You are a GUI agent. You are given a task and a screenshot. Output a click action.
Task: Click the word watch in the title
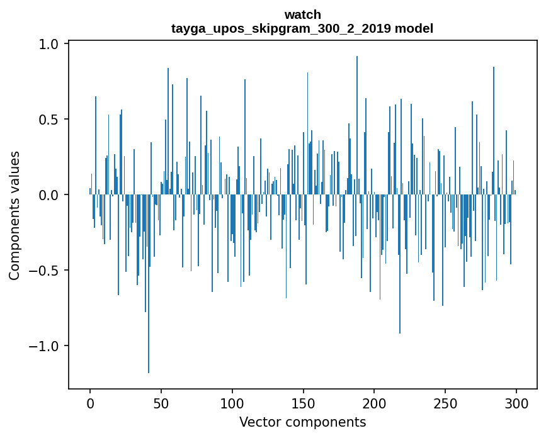point(302,14)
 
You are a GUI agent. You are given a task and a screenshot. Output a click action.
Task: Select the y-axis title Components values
point(14,215)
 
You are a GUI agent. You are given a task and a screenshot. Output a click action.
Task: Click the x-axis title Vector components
point(302,422)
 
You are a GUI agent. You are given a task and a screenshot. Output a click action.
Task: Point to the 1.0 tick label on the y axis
point(49,44)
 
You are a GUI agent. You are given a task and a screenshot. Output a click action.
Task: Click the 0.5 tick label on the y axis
point(49,120)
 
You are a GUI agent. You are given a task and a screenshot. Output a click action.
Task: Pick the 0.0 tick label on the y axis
point(49,195)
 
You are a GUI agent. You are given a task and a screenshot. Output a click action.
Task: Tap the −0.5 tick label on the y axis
point(44,271)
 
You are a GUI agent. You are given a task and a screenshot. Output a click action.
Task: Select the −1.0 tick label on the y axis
point(44,346)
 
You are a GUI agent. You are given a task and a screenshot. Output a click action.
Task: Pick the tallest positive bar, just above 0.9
point(357,126)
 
